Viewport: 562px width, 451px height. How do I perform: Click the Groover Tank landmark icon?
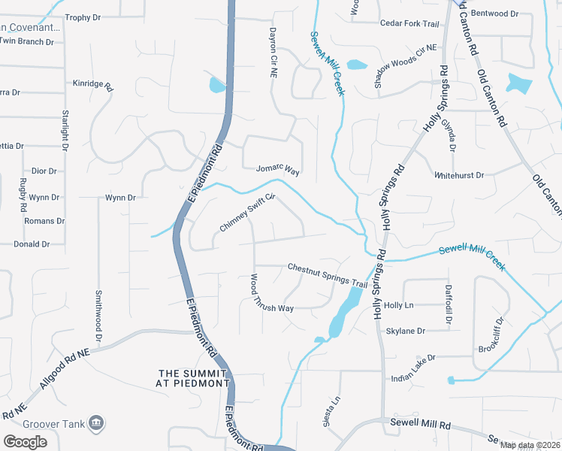(x=95, y=423)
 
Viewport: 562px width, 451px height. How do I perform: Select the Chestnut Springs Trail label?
(x=327, y=274)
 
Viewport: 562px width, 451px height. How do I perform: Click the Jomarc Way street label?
(x=278, y=171)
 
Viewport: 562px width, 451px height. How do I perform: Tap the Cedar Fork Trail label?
(x=409, y=24)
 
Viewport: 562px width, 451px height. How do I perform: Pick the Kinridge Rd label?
(x=93, y=85)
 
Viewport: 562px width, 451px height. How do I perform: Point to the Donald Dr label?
(x=32, y=244)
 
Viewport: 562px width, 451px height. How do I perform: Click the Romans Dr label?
(x=44, y=221)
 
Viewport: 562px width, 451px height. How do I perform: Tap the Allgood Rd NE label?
(x=65, y=363)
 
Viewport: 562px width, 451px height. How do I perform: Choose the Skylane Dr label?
(x=405, y=331)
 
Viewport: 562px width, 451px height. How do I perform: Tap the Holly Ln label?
(x=398, y=306)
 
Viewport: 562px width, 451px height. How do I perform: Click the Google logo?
(x=25, y=441)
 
